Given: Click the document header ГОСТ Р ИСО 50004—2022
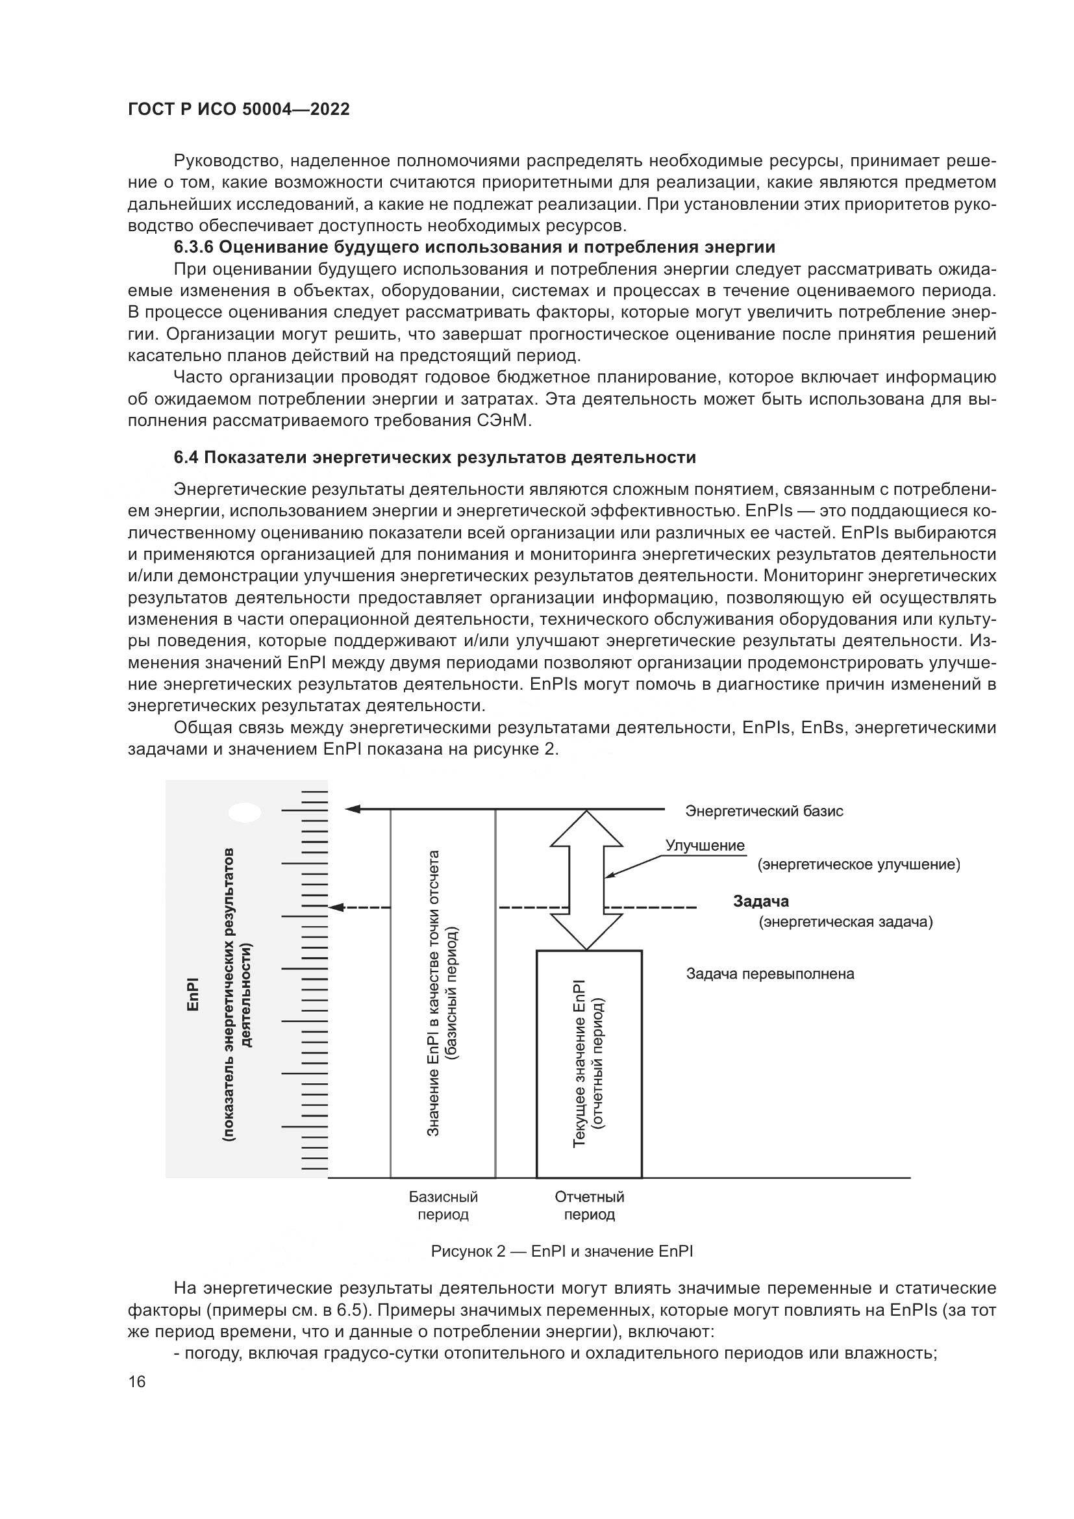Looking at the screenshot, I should [238, 110].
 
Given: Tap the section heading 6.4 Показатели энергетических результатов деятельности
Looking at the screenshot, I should [434, 457].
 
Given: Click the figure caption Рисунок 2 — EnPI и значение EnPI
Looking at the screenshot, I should [562, 1251].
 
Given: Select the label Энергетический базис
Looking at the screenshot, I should [764, 811].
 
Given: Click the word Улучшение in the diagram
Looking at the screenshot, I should [705, 846].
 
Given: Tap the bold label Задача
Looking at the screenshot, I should [760, 901].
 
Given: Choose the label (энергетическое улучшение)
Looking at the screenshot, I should [858, 864].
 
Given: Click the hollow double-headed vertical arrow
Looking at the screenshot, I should [586, 880].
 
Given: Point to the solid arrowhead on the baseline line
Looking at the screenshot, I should [353, 809].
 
